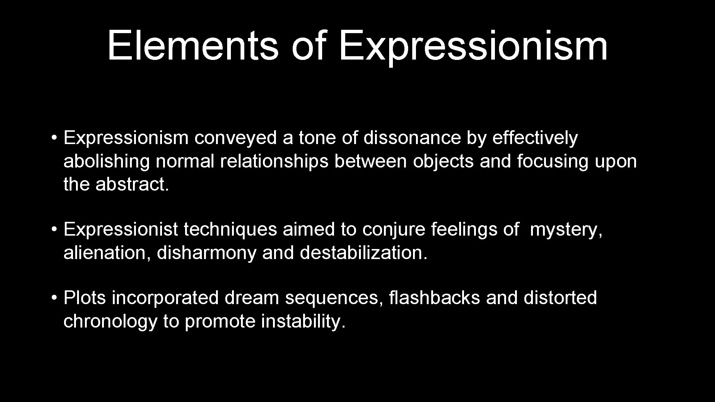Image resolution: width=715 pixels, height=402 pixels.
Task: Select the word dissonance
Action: (412, 138)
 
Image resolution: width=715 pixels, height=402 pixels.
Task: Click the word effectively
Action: (535, 138)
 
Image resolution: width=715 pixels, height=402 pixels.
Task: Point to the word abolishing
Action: (107, 161)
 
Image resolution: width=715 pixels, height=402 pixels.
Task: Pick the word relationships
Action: (274, 161)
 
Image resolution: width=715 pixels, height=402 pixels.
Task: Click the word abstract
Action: (132, 184)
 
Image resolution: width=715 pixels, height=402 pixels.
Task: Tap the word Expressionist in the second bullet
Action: (121, 230)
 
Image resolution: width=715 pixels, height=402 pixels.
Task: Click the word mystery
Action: (566, 230)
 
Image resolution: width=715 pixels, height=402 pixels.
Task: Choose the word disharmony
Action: (207, 253)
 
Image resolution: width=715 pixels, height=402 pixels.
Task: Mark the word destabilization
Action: (363, 253)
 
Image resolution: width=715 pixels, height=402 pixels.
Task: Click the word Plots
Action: (85, 298)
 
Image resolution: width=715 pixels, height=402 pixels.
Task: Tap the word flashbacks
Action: (434, 298)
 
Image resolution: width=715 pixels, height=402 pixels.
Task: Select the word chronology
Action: (110, 321)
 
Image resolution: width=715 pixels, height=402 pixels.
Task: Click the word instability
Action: (303, 321)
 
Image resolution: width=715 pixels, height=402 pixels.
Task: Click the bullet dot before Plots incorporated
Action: (54, 298)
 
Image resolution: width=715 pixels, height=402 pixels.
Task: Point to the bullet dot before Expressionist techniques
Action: (54, 230)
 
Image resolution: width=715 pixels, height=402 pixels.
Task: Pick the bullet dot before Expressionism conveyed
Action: (54, 138)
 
